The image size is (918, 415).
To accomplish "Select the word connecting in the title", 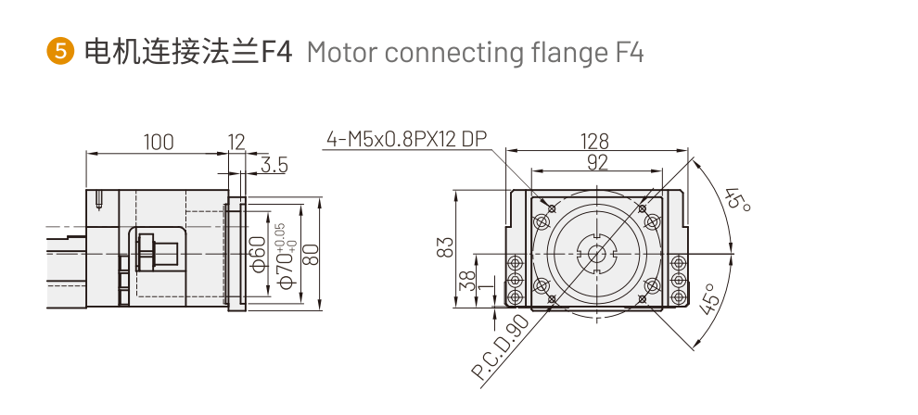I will [x=438, y=53].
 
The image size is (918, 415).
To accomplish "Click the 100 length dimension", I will [x=158, y=142].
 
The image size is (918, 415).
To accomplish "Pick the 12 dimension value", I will [x=236, y=142].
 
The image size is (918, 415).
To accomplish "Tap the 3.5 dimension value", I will [x=274, y=166].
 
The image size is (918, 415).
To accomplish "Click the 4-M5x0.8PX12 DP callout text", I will [x=406, y=140].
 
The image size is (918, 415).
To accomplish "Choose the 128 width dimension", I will [x=594, y=141].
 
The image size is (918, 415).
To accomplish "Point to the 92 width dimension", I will [x=597, y=162].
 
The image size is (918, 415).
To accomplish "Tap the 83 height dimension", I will [x=446, y=247].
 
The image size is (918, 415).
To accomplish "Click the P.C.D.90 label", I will [x=500, y=349].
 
